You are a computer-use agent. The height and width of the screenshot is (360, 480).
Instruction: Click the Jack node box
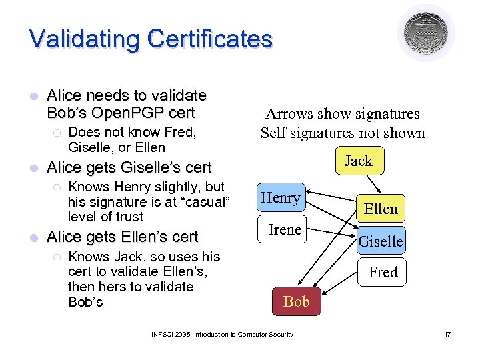[x=359, y=161]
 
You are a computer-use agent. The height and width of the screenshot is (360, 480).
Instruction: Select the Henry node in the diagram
[x=281, y=197]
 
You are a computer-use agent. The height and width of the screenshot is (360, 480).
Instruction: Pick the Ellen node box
[x=381, y=209]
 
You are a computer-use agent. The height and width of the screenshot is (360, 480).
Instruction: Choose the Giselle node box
[x=381, y=241]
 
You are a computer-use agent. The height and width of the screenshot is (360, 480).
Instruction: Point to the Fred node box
[x=383, y=272]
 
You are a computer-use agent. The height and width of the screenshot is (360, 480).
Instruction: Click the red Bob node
[x=296, y=301]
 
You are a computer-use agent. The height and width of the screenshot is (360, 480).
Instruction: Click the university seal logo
[x=426, y=33]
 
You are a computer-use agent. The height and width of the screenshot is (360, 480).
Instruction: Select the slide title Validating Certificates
[x=151, y=39]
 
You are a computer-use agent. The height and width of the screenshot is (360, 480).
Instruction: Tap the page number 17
[x=447, y=334]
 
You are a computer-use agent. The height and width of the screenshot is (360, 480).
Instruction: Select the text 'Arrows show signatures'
[x=342, y=114]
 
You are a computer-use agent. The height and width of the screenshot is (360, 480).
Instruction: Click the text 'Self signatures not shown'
[x=342, y=133]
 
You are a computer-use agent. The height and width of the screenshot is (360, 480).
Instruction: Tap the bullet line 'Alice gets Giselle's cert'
[x=129, y=167]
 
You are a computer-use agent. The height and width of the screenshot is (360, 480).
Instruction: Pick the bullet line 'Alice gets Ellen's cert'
[x=122, y=237]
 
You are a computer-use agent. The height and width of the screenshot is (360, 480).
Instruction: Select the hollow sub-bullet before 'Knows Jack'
[x=57, y=257]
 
